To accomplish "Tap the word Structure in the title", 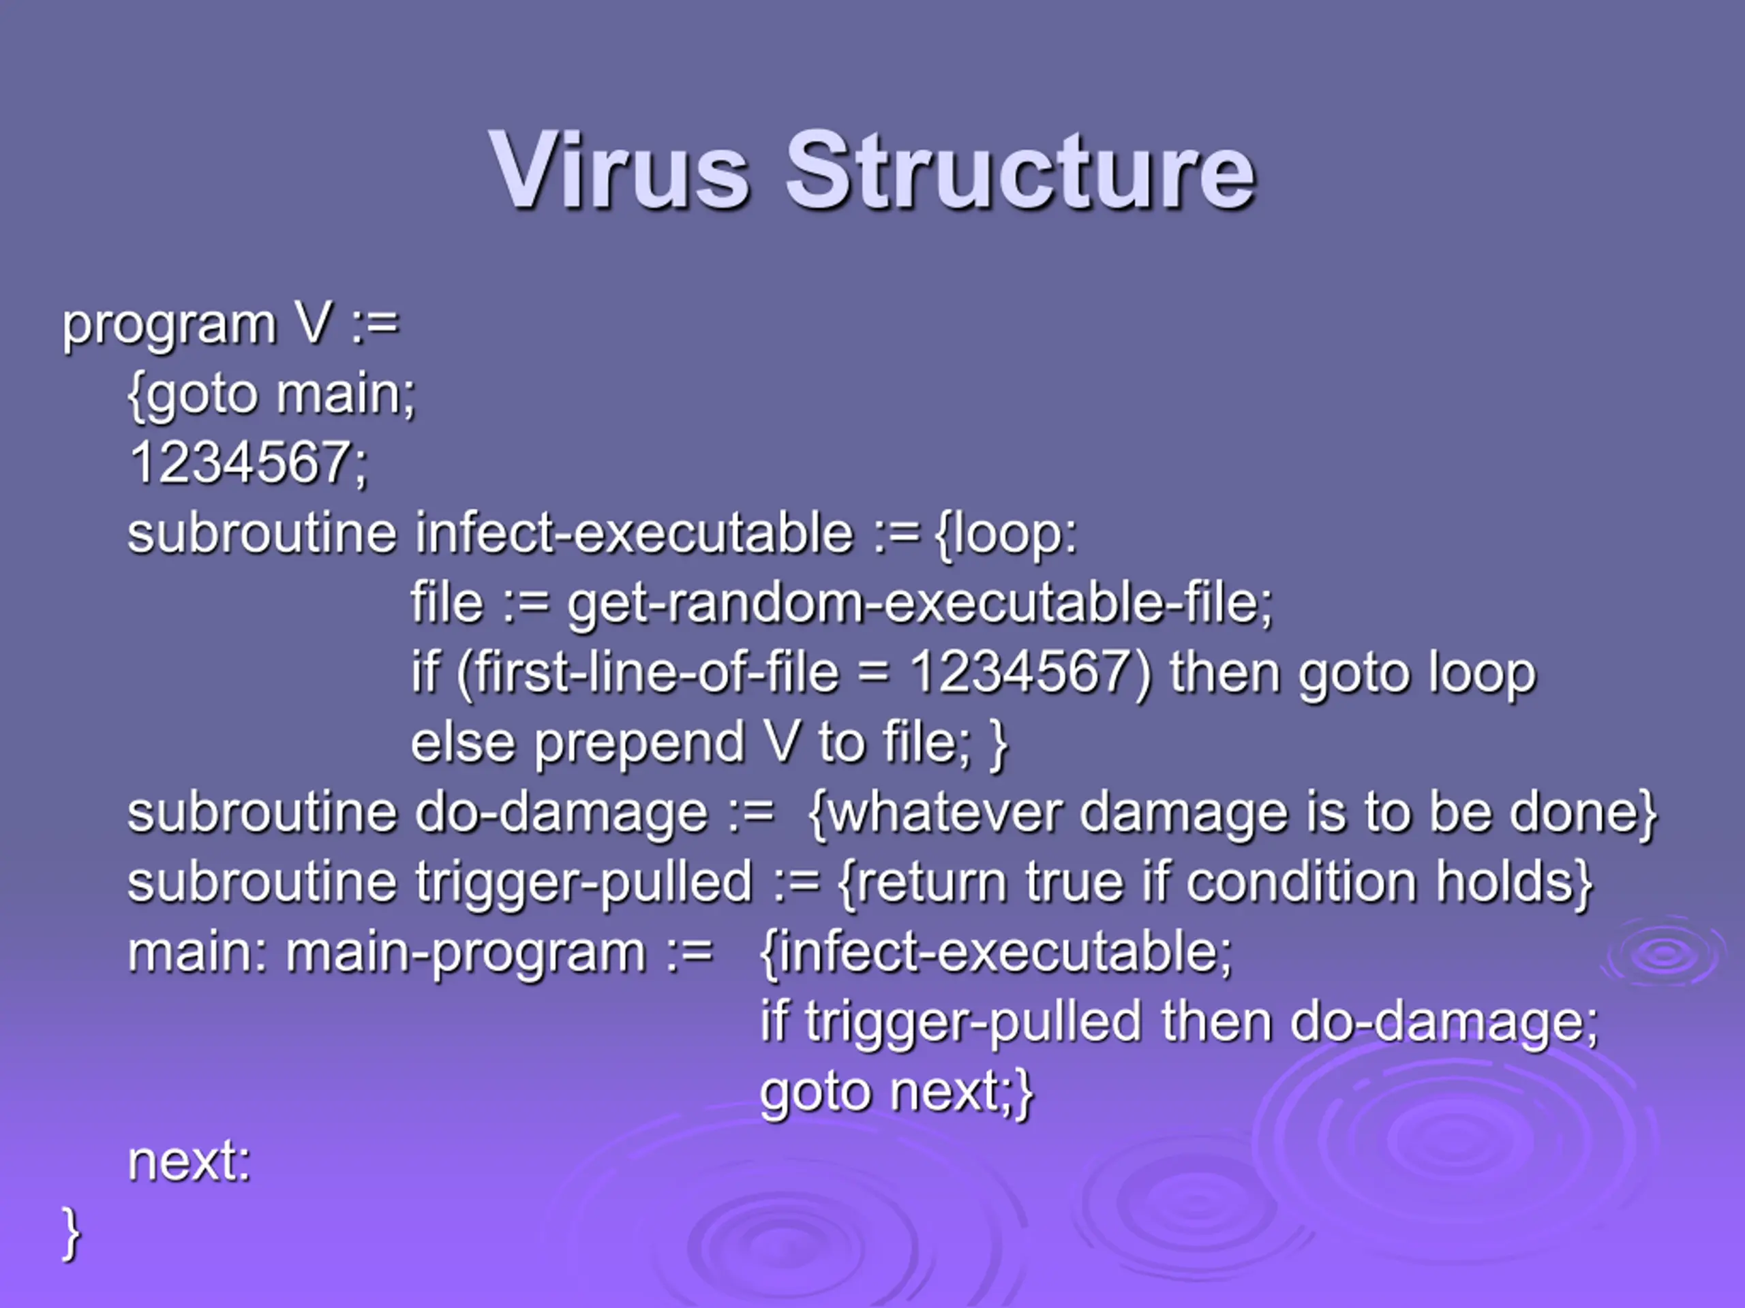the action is [1020, 170].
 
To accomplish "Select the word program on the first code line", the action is [169, 326].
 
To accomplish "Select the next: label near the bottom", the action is [189, 1162].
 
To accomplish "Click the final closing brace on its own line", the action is [71, 1234].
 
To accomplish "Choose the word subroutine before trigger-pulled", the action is [262, 882].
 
